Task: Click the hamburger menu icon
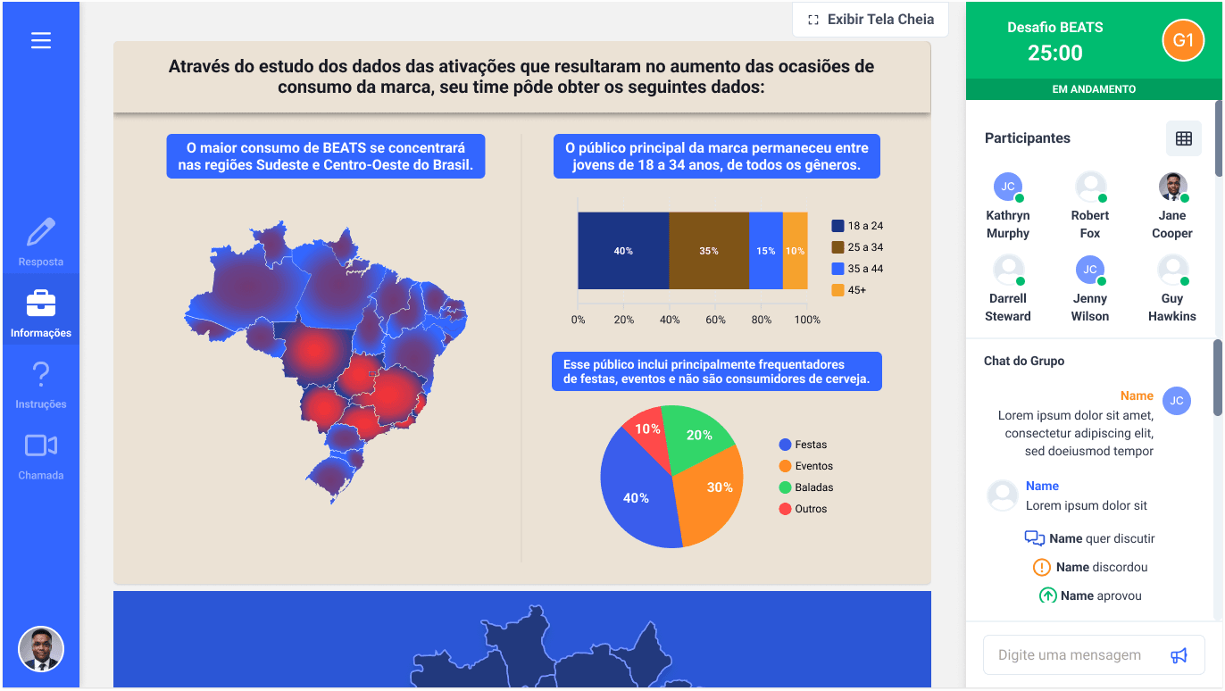pyautogui.click(x=41, y=40)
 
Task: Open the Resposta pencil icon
pyautogui.click(x=41, y=232)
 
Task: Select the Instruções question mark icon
pyautogui.click(x=41, y=374)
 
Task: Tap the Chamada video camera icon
pyautogui.click(x=41, y=445)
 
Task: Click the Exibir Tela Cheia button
pyautogui.click(x=871, y=20)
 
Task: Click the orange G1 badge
pyautogui.click(x=1183, y=40)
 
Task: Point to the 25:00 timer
pyautogui.click(x=1054, y=54)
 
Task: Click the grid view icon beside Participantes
pyautogui.click(x=1183, y=138)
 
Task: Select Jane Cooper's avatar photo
pyautogui.click(x=1172, y=187)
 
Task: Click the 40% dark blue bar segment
pyautogui.click(x=623, y=251)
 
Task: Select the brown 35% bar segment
pyautogui.click(x=709, y=251)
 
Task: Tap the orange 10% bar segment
pyautogui.click(x=795, y=251)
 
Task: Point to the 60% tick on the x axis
pyautogui.click(x=715, y=320)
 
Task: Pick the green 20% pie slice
pyautogui.click(x=701, y=435)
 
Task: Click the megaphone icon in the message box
pyautogui.click(x=1179, y=655)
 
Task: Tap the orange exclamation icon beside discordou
pyautogui.click(x=1042, y=567)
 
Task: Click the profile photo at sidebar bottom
pyautogui.click(x=41, y=649)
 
